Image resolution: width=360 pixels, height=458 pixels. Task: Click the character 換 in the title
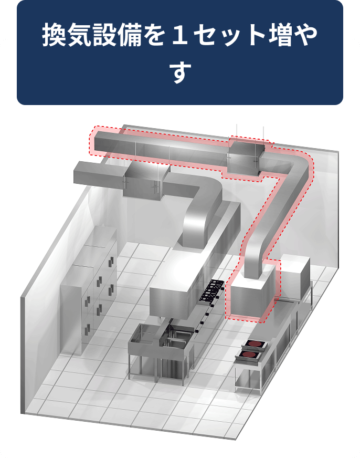[x=54, y=35]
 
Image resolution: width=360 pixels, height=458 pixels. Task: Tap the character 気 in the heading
[x=80, y=35]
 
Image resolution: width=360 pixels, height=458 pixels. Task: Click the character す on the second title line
[x=180, y=71]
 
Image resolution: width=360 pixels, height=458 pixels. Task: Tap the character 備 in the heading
[x=130, y=35]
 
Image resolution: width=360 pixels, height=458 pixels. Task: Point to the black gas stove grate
[x=211, y=290]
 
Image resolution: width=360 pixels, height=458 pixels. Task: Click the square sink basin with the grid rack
[x=178, y=336]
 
